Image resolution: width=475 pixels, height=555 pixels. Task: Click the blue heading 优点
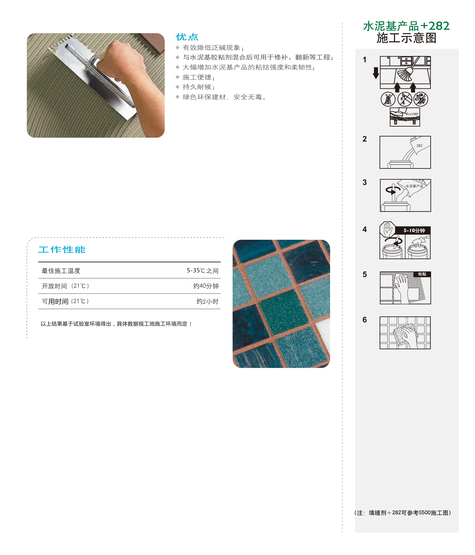tap(187, 37)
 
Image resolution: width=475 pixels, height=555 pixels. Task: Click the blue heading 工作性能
tap(62, 250)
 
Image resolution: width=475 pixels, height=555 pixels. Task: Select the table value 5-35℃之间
tap(202, 271)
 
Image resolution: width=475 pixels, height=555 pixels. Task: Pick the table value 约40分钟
tap(206, 286)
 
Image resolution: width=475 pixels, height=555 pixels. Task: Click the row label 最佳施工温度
tap(61, 271)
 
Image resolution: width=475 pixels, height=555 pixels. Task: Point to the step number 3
tap(364, 182)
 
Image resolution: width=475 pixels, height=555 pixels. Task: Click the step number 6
tap(364, 320)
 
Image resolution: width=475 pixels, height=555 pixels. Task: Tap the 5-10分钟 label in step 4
tap(414, 230)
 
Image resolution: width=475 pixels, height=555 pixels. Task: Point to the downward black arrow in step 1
tap(376, 73)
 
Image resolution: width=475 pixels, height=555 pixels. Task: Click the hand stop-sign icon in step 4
tap(387, 229)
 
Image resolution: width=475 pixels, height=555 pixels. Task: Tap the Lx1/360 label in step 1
tap(413, 114)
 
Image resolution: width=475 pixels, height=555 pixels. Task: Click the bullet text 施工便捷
tap(199, 77)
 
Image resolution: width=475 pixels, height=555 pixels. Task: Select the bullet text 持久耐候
tap(199, 87)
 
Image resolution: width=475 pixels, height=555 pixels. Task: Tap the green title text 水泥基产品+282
tap(406, 26)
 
